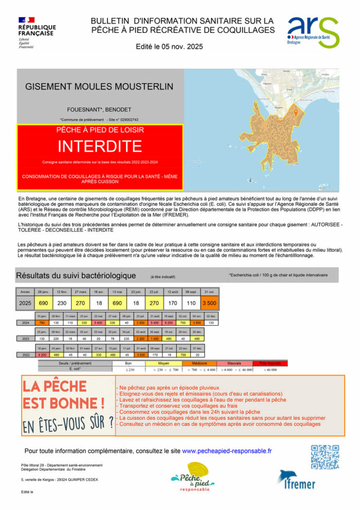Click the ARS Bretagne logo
coord(313,32)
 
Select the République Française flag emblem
coord(26,20)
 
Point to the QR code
coord(325,456)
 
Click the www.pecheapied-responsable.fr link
coord(227,451)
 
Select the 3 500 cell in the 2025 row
coord(209,303)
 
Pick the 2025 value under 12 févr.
coord(62,303)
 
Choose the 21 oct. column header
coord(209,292)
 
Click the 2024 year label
coord(25,322)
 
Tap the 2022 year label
coord(25,355)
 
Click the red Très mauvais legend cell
coord(270,363)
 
